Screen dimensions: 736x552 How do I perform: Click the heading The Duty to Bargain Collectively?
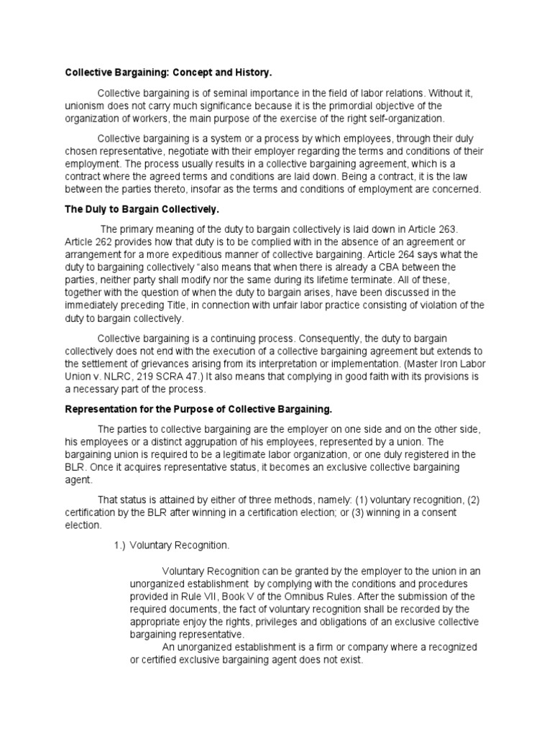[x=142, y=209]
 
